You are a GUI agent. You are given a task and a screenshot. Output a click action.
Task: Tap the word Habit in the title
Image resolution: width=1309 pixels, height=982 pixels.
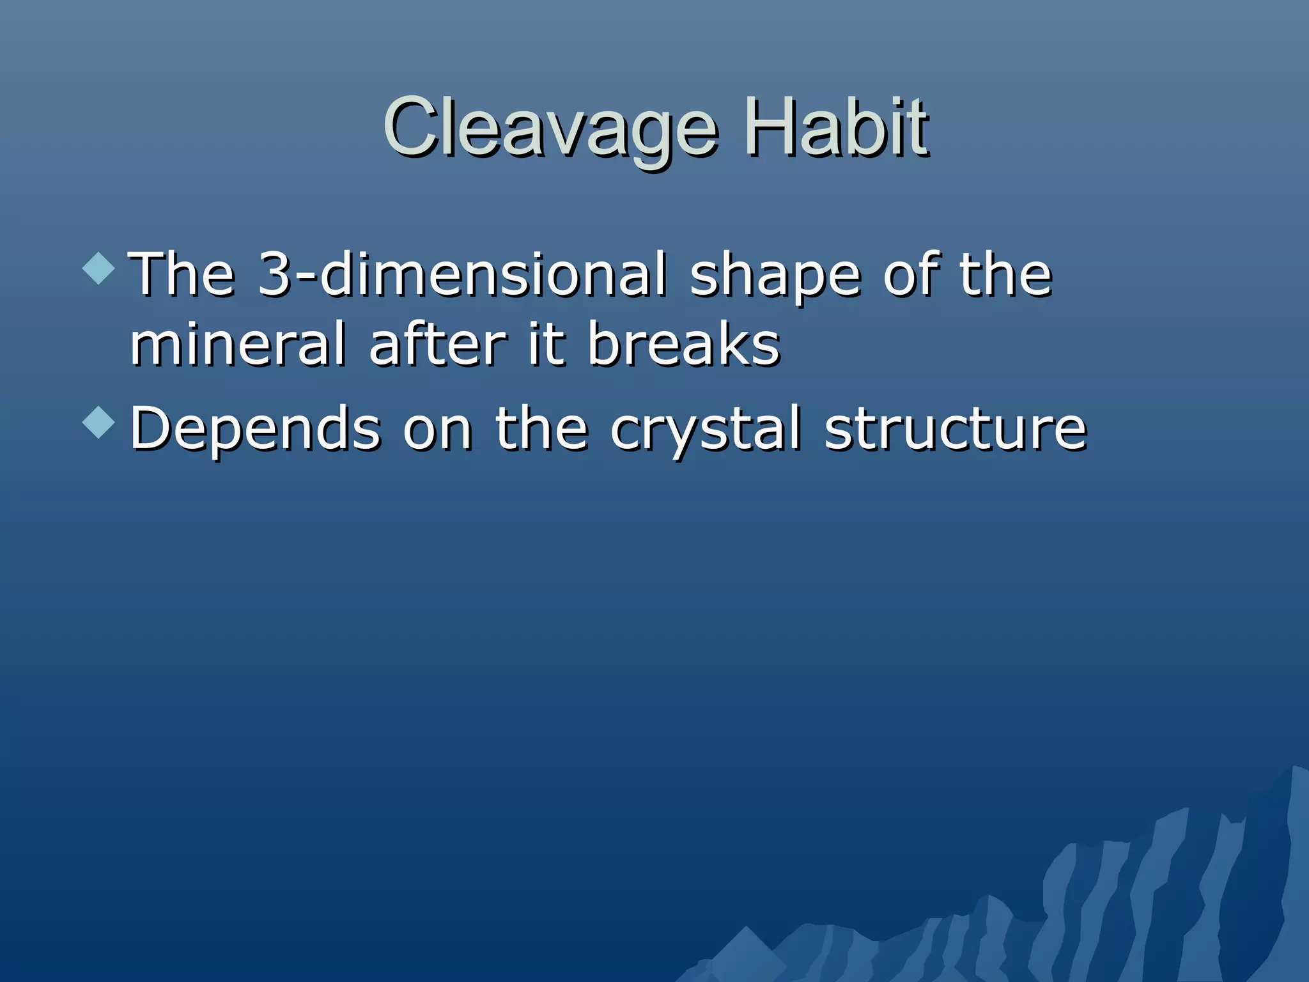pyautogui.click(x=837, y=128)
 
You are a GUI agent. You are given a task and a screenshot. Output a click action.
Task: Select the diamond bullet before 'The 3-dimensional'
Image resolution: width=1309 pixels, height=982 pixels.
pyautogui.click(x=99, y=268)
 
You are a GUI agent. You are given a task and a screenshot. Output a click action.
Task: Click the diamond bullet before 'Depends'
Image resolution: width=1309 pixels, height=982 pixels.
pyautogui.click(x=99, y=422)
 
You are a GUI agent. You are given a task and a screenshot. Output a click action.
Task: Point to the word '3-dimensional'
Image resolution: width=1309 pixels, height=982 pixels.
pyautogui.click(x=462, y=275)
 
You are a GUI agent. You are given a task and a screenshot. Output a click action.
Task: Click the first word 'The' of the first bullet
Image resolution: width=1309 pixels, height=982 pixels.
pyautogui.click(x=182, y=275)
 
